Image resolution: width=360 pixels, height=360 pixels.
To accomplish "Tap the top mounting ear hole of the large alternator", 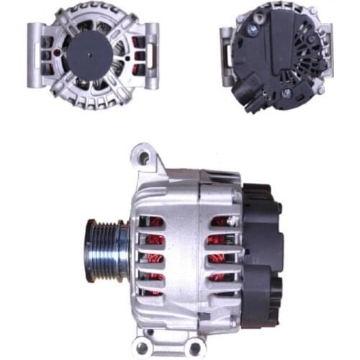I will tap(143, 155).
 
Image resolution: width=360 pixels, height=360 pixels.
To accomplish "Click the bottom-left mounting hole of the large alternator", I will tap(149, 336).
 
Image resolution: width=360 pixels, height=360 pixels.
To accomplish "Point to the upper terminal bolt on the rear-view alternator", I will tap(253, 31).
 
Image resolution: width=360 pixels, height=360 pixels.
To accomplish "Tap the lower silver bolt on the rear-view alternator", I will tap(287, 94).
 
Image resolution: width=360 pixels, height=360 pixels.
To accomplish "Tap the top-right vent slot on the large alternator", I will tap(219, 222).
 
